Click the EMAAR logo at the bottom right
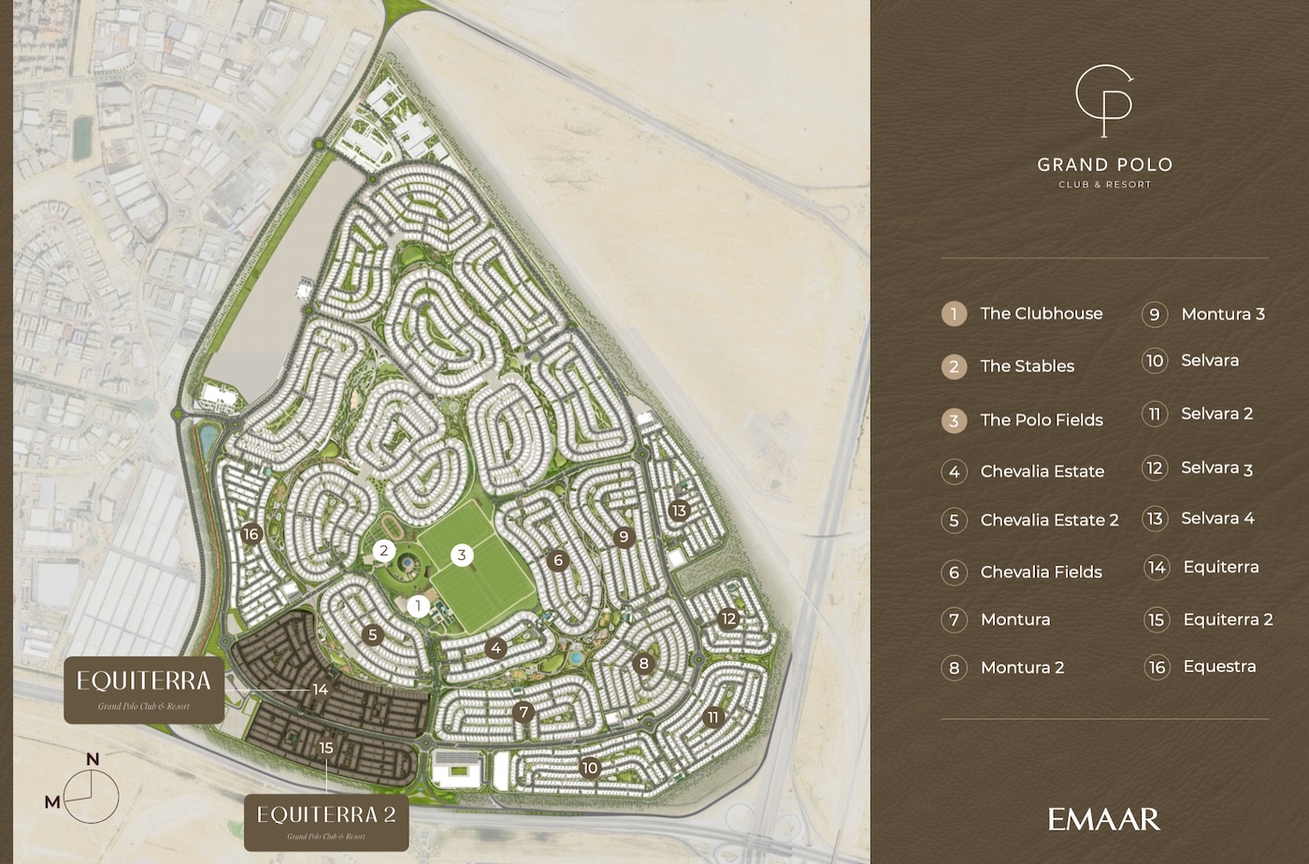coord(1103,820)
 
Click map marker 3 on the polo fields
coord(461,555)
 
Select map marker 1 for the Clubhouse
coord(419,606)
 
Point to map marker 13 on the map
coord(679,511)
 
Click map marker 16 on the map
coord(250,534)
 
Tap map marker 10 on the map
coord(589,768)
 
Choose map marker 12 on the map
coord(728,618)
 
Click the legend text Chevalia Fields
coord(1041,572)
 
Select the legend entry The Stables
coord(1027,367)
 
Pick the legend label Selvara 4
coord(1217,518)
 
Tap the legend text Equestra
coord(1219,667)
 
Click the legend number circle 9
coord(1155,314)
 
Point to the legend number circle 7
coord(954,619)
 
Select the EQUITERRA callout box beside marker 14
coord(144,689)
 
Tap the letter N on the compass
coord(93,759)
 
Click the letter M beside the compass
coord(52,801)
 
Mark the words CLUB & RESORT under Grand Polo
coord(1104,184)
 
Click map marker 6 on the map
coord(558,561)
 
